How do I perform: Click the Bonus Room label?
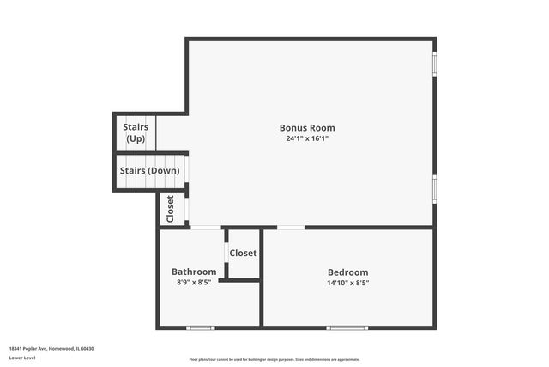307,128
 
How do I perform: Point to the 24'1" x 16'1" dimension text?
307,138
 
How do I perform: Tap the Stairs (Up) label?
136,132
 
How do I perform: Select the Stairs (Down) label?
150,170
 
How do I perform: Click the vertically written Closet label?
171,209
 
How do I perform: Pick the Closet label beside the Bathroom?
243,254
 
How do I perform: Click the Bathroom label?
194,272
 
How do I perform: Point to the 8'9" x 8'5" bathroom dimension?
193,282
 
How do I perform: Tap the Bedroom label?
347,272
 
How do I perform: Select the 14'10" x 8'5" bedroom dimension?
347,283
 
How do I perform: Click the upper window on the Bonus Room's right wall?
435,64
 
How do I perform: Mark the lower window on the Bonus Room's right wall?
435,188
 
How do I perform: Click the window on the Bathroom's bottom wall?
201,327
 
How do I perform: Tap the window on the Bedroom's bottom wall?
347,327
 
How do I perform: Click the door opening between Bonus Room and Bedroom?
291,228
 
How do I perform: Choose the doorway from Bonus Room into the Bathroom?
205,228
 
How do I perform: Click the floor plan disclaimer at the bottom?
274,360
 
